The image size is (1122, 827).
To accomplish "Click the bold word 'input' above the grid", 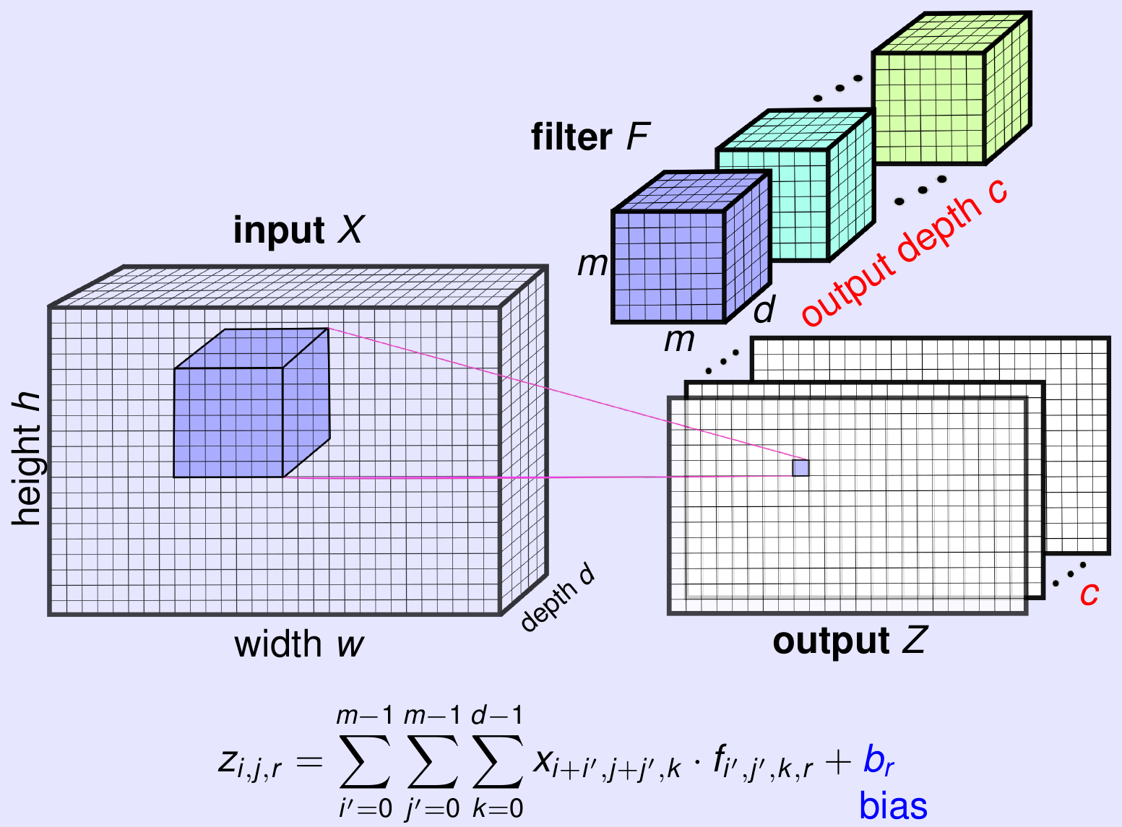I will click(x=278, y=231).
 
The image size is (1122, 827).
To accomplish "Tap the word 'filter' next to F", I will click(x=571, y=137).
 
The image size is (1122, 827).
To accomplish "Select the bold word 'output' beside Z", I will click(x=831, y=641).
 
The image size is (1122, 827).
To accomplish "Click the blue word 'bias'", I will click(x=893, y=806).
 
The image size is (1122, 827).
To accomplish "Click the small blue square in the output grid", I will click(x=800, y=468).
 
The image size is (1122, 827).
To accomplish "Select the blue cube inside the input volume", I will click(x=238, y=412).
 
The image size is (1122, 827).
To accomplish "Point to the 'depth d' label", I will click(x=557, y=597).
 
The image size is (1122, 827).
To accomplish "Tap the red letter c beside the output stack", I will click(x=1089, y=594).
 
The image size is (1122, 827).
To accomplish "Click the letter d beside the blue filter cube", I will click(x=764, y=309).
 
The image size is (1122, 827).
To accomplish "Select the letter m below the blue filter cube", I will click(x=679, y=339).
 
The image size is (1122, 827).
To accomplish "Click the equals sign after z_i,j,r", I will click(x=309, y=761).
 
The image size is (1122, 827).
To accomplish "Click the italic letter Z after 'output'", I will click(x=913, y=640).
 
